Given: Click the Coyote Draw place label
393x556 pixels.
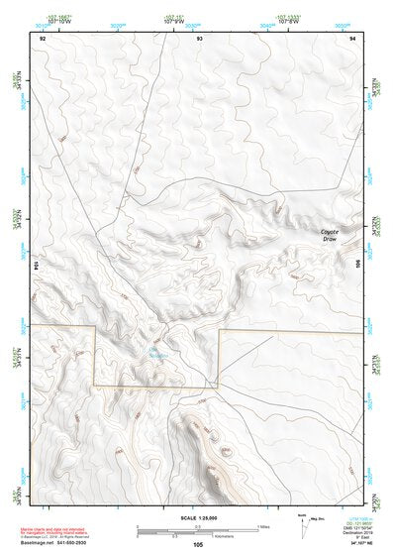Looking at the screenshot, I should pyautogui.click(x=330, y=235).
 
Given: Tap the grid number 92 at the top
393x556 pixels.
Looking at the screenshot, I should pyautogui.click(x=43, y=37).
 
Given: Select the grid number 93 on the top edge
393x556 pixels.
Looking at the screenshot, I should pyautogui.click(x=199, y=37).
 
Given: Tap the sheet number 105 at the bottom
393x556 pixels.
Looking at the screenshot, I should pyautogui.click(x=198, y=543).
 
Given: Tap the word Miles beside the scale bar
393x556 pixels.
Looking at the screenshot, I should pyautogui.click(x=264, y=525).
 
